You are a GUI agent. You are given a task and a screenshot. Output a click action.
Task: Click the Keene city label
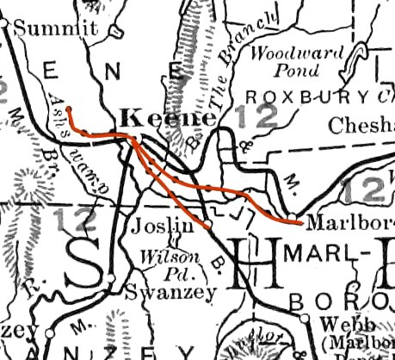tap(155, 118)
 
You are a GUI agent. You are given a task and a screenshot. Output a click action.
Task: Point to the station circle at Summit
tap(5, 26)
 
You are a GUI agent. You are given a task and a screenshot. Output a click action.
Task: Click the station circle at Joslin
tap(207, 226)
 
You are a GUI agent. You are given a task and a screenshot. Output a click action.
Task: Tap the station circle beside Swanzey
tap(112, 277)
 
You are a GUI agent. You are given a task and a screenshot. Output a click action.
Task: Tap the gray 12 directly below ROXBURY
tap(258, 117)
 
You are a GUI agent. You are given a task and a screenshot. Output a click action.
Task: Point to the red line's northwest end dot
tap(68, 110)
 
